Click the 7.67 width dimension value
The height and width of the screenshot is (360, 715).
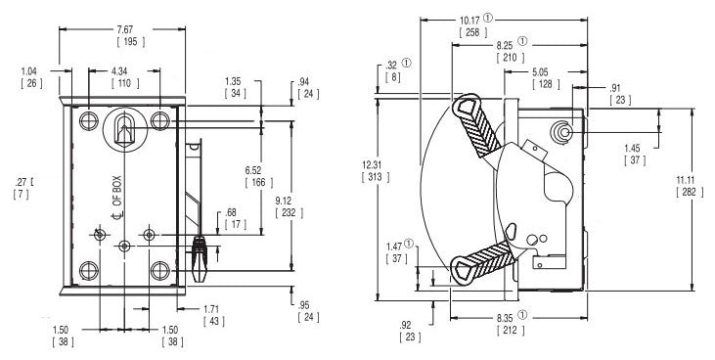pos(124,29)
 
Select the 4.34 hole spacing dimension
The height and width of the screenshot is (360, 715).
pos(119,71)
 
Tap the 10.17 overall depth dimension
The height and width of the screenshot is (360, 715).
pos(470,21)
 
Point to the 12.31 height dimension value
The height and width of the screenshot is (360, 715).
pos(371,165)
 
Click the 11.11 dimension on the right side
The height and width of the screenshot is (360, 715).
pos(686,180)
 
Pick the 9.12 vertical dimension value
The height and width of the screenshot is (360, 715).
pos(285,200)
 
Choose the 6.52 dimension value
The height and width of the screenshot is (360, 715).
pos(254,170)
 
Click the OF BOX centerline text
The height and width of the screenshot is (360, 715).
pos(117,192)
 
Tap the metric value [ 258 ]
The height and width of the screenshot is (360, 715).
pos(472,32)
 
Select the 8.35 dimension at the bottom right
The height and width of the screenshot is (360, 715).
pos(505,317)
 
